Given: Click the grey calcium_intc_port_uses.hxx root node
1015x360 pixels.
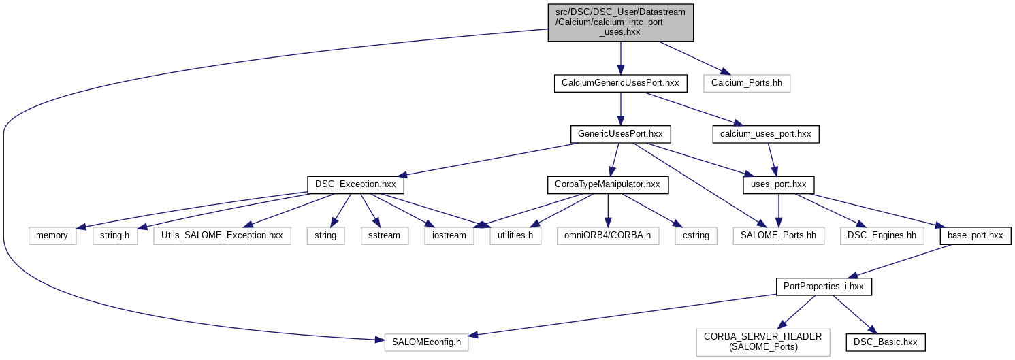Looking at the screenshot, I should click(620, 22).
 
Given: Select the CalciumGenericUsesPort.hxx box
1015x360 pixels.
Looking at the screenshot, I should click(620, 84).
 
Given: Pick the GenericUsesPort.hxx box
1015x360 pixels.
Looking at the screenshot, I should click(620, 134).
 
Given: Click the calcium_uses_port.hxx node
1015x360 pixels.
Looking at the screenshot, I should click(765, 134).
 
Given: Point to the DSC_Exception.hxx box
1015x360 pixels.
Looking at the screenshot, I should click(356, 184).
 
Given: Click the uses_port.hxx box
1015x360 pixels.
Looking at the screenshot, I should click(779, 184).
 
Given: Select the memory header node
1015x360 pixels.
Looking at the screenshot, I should click(52, 235).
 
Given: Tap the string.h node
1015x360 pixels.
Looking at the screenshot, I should click(114, 235).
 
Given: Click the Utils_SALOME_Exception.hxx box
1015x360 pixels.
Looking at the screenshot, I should click(223, 235).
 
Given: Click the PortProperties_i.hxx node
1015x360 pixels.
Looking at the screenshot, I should click(824, 286).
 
